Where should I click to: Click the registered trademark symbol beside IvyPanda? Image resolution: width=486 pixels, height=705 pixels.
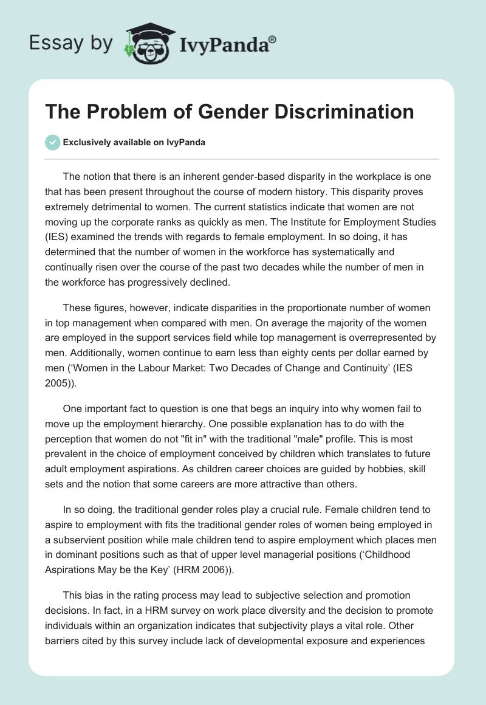[272, 40]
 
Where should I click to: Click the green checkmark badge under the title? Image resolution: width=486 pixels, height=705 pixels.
[52, 142]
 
